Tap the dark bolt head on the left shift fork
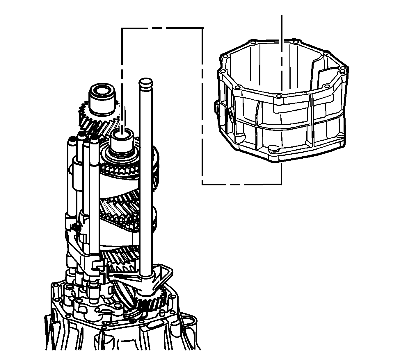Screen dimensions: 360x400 point(77,228)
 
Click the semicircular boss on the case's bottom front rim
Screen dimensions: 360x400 point(273,149)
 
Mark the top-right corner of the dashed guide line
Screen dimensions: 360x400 point(202,28)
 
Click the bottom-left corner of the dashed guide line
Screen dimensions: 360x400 point(202,184)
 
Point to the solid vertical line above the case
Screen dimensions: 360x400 point(281,29)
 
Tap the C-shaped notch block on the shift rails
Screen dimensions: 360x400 point(97,266)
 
